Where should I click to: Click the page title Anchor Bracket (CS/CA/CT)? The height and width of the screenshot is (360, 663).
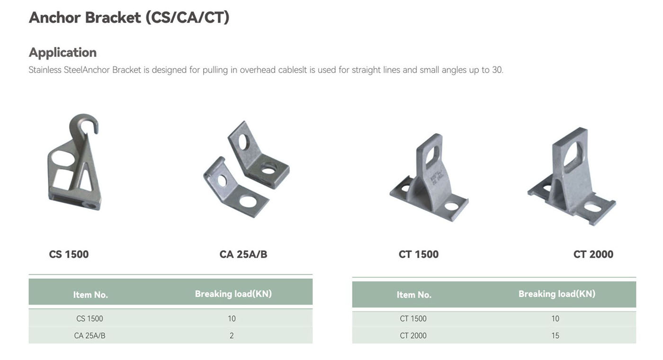click(129, 18)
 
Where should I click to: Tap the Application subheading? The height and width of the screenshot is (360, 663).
click(63, 53)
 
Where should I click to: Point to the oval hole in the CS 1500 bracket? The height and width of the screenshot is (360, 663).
click(63, 158)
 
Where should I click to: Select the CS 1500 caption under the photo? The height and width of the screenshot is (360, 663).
click(69, 254)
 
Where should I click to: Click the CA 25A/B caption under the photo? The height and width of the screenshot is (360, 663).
click(243, 254)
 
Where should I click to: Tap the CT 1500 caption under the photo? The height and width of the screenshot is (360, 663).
click(419, 254)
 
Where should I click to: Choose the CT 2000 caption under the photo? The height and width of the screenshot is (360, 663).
click(593, 254)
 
